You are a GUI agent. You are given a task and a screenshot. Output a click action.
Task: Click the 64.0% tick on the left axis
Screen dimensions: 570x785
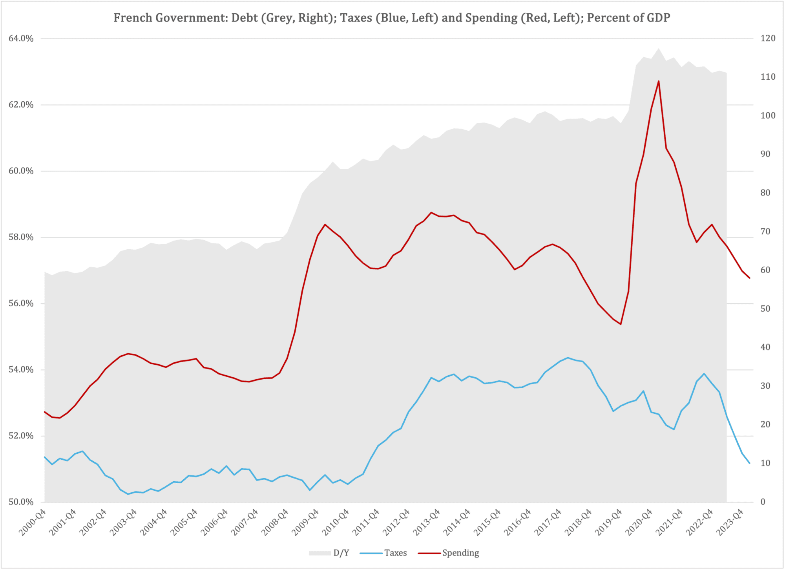pyautogui.click(x=21, y=38)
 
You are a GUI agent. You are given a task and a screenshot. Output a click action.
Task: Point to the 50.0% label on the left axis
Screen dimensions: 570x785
pyautogui.click(x=21, y=502)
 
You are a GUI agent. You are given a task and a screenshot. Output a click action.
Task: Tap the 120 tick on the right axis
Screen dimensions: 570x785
pyautogui.click(x=768, y=38)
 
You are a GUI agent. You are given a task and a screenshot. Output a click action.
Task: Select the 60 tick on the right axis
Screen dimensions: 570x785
pyautogui.click(x=765, y=270)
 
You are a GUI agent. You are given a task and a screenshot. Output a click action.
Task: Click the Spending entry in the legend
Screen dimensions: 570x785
pyautogui.click(x=460, y=553)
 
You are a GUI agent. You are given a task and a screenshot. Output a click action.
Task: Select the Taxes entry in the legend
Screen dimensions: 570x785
pyautogui.click(x=395, y=553)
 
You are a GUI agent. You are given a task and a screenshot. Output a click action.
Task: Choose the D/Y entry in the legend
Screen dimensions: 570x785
pyautogui.click(x=341, y=553)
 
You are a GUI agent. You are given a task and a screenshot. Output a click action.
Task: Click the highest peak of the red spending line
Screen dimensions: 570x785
pyautogui.click(x=659, y=81)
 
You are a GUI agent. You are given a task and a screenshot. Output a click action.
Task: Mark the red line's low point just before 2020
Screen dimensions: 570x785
pyautogui.click(x=621, y=324)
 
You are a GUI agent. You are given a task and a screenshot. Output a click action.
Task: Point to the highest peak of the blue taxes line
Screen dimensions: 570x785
pyautogui.click(x=568, y=358)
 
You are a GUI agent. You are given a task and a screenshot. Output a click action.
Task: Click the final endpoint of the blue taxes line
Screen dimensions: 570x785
pyautogui.click(x=750, y=463)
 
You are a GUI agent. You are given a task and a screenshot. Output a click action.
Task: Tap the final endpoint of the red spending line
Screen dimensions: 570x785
pyautogui.click(x=750, y=278)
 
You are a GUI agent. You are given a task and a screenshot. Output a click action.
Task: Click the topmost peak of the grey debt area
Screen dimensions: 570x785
pyautogui.click(x=659, y=49)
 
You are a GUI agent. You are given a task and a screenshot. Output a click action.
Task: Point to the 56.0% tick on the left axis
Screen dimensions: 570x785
pyautogui.click(x=21, y=303)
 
